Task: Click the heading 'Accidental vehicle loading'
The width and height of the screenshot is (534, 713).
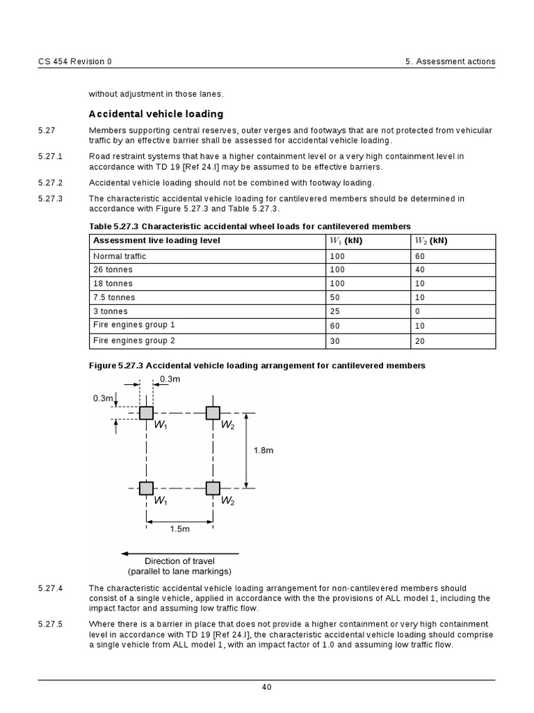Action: click(x=156, y=113)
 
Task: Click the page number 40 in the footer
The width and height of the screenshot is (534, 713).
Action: click(x=267, y=688)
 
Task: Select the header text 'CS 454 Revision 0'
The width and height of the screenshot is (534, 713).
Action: click(x=74, y=61)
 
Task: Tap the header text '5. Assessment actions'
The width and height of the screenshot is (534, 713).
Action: click(x=450, y=61)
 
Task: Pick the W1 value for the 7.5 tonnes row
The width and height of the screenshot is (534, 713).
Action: click(x=337, y=297)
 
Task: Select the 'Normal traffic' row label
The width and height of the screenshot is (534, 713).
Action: click(x=120, y=256)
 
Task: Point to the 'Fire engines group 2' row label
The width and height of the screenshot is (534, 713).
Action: click(x=134, y=340)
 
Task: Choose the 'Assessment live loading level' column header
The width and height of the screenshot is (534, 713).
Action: click(x=156, y=240)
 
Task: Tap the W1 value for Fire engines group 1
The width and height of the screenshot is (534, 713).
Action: click(x=337, y=326)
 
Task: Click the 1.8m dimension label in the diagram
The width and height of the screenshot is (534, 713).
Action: click(x=263, y=450)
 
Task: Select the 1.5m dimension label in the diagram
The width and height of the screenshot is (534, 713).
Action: click(x=179, y=529)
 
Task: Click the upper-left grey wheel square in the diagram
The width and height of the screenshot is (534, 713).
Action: click(x=146, y=413)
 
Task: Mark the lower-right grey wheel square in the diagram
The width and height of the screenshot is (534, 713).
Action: click(x=213, y=488)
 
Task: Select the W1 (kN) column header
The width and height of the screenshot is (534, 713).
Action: click(x=346, y=240)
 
